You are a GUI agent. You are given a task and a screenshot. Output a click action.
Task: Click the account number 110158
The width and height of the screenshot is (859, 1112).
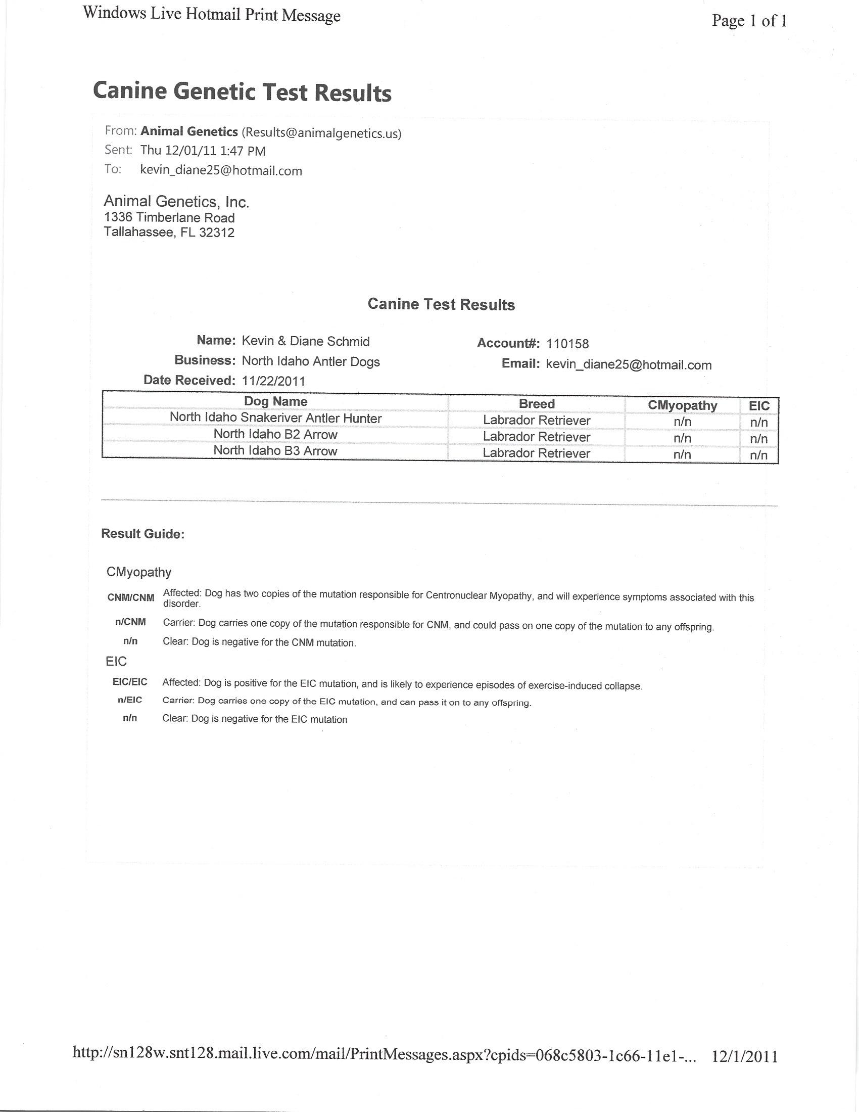567,344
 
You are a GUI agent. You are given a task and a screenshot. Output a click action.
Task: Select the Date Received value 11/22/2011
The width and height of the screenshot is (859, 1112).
273,381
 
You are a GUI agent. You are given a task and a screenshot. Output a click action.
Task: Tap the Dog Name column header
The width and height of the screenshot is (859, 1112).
275,401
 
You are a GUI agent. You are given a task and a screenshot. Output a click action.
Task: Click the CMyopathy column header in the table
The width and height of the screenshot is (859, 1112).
682,405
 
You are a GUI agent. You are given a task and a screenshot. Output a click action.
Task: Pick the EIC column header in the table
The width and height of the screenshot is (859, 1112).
759,406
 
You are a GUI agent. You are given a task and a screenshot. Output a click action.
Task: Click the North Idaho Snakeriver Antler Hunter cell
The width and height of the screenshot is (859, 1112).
275,418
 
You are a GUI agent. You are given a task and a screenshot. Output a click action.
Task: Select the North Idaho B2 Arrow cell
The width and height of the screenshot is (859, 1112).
275,434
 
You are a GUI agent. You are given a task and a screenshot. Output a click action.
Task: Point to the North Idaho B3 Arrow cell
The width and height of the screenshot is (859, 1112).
275,450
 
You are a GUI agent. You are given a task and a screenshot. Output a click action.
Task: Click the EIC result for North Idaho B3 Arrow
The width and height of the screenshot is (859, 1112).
759,455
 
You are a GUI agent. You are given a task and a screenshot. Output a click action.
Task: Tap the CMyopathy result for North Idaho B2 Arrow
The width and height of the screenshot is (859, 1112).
682,438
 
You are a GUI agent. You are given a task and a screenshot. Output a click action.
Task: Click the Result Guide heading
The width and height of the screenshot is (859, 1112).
142,534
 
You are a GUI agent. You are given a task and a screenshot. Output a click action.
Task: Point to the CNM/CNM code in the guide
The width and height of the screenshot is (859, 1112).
131,598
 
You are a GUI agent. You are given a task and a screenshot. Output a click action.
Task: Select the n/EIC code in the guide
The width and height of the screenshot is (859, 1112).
130,700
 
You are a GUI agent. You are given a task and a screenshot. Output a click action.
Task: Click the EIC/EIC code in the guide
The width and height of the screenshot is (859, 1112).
130,682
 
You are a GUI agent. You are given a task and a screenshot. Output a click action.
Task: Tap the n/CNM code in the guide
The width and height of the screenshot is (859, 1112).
131,622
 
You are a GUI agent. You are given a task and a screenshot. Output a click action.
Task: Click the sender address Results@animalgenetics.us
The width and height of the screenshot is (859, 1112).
321,133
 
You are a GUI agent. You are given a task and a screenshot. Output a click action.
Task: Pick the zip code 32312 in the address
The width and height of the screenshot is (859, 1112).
217,233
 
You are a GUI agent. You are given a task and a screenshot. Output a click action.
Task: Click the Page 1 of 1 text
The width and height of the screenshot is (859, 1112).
749,21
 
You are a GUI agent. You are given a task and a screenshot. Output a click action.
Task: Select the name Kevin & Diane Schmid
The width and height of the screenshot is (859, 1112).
305,341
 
